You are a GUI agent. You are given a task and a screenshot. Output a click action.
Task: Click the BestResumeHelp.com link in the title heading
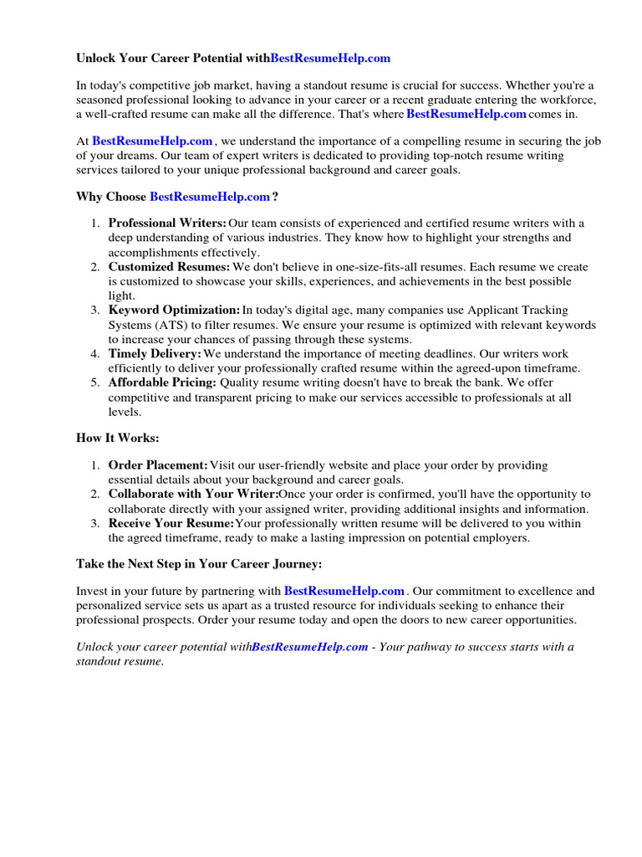coord(330,58)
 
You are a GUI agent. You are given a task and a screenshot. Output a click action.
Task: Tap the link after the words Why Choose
coord(210,197)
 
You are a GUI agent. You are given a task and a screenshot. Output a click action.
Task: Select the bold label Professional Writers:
coord(167,223)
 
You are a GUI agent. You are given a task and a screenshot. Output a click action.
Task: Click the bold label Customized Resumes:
coord(169,267)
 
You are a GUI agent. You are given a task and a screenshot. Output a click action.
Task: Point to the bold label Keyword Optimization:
coord(174,310)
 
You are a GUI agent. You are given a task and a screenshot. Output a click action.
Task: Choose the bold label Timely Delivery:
coord(155,354)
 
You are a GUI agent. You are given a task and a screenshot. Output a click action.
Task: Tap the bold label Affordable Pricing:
coord(162,383)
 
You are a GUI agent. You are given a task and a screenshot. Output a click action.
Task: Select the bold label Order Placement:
coord(158,464)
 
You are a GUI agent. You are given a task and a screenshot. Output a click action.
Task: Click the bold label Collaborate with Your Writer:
coord(193,494)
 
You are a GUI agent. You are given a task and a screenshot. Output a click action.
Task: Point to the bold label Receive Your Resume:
coord(171,523)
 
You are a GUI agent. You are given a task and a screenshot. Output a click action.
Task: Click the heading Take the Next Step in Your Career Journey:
coord(199,564)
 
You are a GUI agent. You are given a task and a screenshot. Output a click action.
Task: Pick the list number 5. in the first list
coord(95,383)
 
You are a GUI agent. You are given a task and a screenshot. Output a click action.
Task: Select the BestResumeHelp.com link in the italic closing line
coord(310,647)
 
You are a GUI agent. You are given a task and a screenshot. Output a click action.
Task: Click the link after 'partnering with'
coord(344,591)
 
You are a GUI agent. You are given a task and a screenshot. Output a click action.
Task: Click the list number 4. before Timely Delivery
coord(95,354)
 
